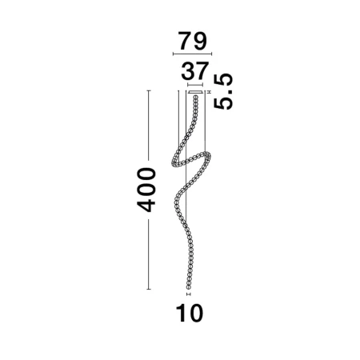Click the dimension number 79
tap(193, 41)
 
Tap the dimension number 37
tap(194, 71)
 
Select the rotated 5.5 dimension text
tap(223, 91)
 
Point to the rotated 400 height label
tap(146, 190)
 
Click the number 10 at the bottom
tap(190, 314)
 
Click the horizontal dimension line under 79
tap(192, 54)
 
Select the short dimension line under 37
tap(195, 85)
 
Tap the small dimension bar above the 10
tap(189, 294)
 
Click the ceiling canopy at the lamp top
tap(195, 92)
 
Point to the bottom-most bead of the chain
tap(189, 287)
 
